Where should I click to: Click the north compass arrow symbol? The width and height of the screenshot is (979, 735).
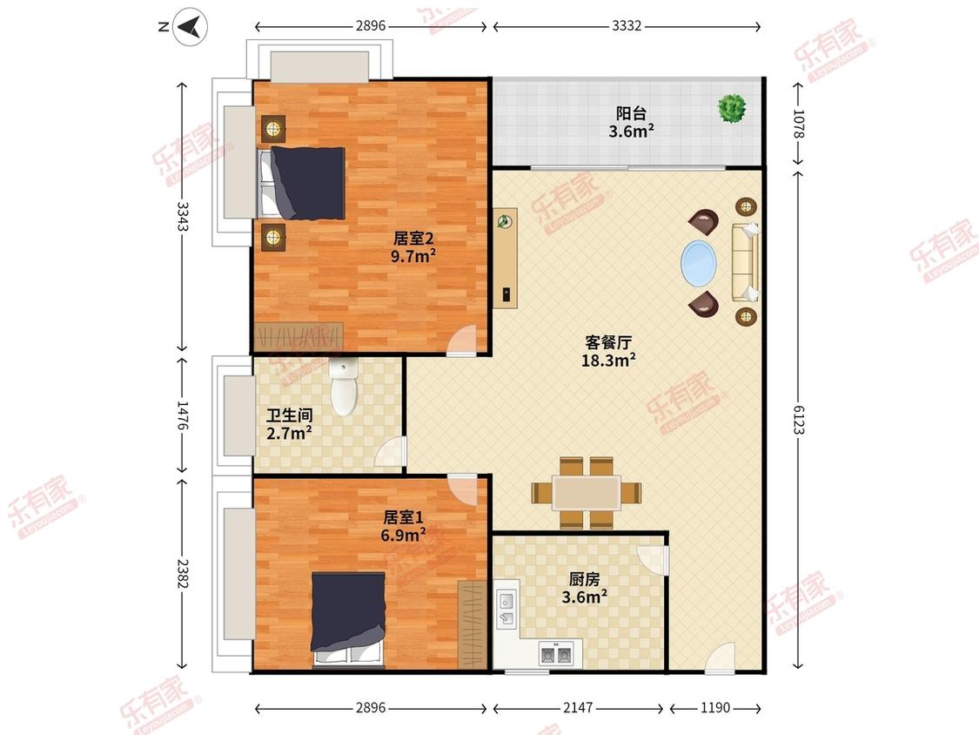click(190, 27)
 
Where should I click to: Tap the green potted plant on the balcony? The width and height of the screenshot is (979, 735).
click(732, 108)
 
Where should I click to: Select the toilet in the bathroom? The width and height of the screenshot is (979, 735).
click(343, 388)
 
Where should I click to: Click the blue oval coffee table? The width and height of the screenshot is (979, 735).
click(699, 263)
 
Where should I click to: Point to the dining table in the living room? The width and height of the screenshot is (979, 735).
click(587, 493)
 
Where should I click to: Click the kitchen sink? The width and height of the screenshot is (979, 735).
click(506, 610)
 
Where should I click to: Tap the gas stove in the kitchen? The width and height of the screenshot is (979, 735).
click(556, 653)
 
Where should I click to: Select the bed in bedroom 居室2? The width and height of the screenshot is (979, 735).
click(302, 183)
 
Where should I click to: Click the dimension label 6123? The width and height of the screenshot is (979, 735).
click(799, 420)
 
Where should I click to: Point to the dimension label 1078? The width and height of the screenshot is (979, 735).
click(799, 123)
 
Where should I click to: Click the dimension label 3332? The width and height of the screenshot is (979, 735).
click(627, 25)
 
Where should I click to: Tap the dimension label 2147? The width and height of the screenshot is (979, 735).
click(578, 707)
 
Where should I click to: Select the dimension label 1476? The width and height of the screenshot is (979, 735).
click(182, 415)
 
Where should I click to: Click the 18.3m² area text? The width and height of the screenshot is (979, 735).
click(608, 360)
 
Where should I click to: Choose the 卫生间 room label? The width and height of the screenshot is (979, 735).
click(289, 415)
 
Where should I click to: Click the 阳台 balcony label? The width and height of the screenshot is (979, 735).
click(631, 113)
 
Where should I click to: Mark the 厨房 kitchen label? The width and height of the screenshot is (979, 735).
click(585, 579)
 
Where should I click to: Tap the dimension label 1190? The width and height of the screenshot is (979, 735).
click(715, 707)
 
